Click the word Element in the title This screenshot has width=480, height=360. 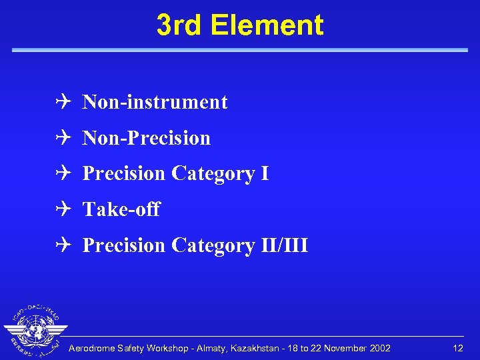click(267, 25)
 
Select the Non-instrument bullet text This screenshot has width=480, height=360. click(155, 102)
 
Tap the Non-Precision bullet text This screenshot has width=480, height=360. click(146, 138)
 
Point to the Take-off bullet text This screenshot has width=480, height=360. click(121, 209)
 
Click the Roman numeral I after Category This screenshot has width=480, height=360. click(265, 173)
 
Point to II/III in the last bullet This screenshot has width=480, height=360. click(285, 245)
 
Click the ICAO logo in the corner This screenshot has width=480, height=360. click(35, 331)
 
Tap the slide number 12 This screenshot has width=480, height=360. click(457, 349)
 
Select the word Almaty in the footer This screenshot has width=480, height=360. click(223, 349)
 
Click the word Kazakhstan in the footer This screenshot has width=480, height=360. click(267, 349)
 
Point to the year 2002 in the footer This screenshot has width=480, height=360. click(379, 349)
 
